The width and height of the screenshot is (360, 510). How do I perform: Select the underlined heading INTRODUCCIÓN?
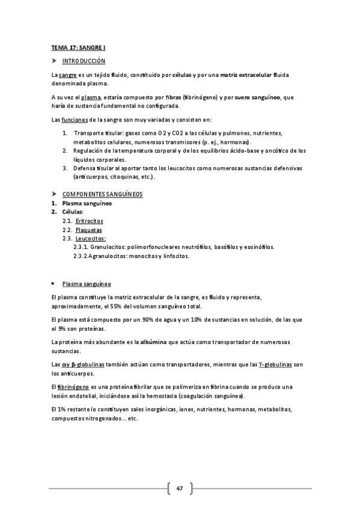tap(84, 61)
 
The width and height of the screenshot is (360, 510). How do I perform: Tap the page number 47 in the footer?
tap(179, 488)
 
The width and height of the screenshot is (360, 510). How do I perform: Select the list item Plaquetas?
tap(89, 230)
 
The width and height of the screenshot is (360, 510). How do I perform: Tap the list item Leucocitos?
tap(90, 239)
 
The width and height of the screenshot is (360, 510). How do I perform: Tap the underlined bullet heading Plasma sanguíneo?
tap(86, 283)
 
